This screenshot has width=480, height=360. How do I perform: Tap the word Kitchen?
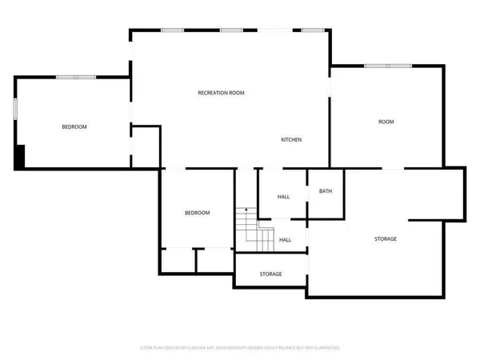click(290, 140)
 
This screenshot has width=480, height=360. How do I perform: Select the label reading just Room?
click(386, 122)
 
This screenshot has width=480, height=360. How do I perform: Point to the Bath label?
click(326, 191)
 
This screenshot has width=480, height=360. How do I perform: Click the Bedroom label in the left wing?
click(74, 127)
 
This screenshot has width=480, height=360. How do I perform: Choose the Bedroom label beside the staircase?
click(197, 213)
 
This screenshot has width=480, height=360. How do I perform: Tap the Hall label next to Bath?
click(283, 197)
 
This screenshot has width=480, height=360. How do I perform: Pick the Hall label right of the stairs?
click(285, 239)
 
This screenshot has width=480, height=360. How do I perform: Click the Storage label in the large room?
click(386, 239)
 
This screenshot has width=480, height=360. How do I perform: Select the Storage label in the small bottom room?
click(270, 274)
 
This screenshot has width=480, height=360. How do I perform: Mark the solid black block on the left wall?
click(20, 156)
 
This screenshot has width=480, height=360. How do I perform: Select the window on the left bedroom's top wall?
click(76, 77)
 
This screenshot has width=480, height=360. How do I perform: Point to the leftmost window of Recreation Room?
click(172, 30)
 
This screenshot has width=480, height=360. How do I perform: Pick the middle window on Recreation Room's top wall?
click(232, 30)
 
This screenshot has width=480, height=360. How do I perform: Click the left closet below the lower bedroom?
click(178, 260)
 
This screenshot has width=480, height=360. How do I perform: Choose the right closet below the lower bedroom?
click(214, 260)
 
